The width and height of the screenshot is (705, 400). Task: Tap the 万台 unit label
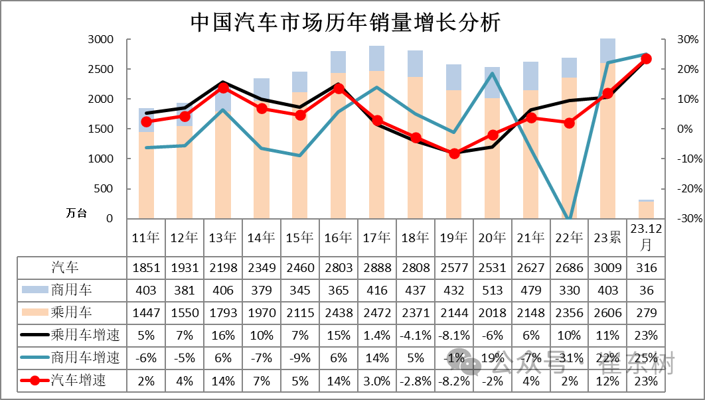76,213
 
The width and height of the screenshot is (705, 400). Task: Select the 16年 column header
339,237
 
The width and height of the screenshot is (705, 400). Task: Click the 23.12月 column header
646,237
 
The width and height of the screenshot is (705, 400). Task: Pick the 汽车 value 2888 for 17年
376,268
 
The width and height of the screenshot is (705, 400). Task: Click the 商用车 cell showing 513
492,290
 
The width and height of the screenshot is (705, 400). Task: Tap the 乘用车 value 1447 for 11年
145,312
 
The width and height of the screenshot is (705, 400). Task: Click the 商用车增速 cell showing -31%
569,358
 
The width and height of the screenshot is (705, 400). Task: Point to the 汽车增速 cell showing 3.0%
376,381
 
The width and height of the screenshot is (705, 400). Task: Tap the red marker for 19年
454,153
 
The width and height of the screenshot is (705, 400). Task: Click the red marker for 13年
223,88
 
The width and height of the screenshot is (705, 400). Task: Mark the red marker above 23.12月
646,58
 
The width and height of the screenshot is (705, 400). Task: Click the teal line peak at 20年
493,73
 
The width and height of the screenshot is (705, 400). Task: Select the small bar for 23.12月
646,209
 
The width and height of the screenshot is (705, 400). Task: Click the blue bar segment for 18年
416,63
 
